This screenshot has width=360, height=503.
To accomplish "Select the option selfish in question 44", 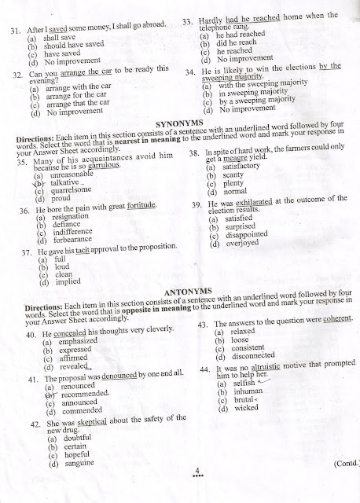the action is (x=240, y=383).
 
